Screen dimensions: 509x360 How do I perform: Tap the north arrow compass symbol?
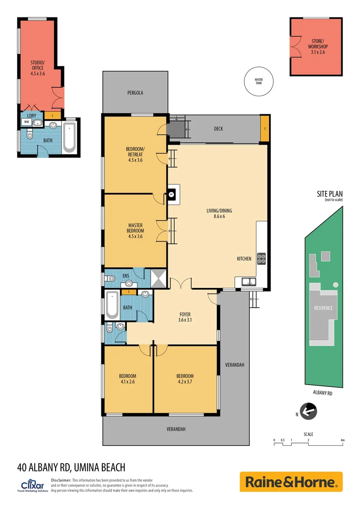[309, 411]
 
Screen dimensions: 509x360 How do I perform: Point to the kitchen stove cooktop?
[261, 258]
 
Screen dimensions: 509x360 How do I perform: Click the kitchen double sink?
[248, 282]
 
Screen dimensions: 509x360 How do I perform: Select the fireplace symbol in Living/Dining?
[172, 193]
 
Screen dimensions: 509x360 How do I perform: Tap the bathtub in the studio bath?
[69, 137]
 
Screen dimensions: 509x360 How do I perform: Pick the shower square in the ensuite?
[157, 278]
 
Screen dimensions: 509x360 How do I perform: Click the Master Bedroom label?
[135, 230]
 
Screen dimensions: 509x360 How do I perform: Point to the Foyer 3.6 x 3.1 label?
[185, 317]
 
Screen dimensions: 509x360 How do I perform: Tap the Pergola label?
[135, 93]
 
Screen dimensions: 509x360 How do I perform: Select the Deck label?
[218, 129]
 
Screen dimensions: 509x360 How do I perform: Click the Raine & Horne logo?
[291, 482]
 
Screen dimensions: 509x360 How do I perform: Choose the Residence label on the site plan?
[323, 308]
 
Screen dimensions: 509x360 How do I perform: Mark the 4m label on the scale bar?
[343, 440]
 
